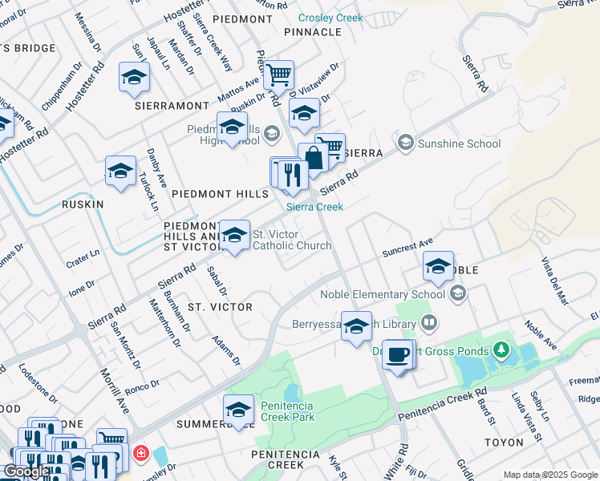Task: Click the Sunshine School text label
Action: click(460, 143)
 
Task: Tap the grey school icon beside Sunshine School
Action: click(405, 143)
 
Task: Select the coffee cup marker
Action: click(397, 354)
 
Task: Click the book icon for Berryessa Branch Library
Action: click(429, 323)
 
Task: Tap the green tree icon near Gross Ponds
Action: click(501, 350)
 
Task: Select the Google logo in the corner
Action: click(26, 471)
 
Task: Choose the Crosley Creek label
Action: click(330, 18)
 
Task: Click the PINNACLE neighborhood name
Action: click(313, 32)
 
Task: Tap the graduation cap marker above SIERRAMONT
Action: click(135, 78)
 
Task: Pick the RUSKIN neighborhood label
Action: click(83, 204)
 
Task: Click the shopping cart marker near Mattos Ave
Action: click(278, 75)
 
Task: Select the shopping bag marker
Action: click(313, 156)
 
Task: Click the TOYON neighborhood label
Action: click(504, 442)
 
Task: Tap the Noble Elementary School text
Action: click(383, 294)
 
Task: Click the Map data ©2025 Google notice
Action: click(550, 475)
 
